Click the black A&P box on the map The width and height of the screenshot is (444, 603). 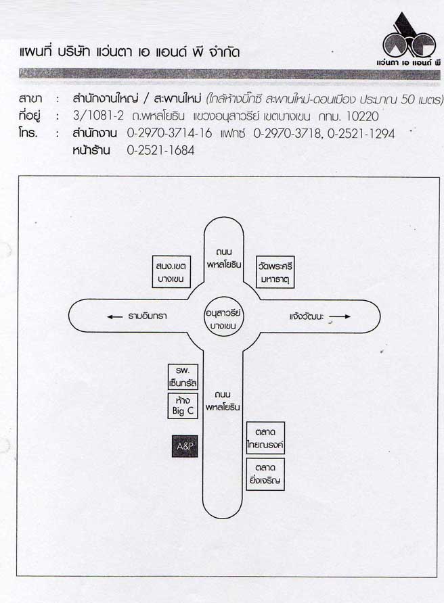(x=185, y=446)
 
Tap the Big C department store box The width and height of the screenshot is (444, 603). (x=183, y=406)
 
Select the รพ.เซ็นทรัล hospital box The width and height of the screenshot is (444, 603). (x=183, y=377)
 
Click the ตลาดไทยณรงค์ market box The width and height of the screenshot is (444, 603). (x=265, y=438)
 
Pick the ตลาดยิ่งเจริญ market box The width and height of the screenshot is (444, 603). (x=265, y=474)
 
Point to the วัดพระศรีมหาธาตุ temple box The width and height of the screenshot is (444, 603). (x=275, y=272)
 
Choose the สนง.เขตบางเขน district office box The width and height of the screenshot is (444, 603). (x=171, y=272)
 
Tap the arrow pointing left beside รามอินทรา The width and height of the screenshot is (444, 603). (x=115, y=317)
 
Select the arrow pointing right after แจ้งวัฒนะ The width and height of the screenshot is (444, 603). (x=340, y=316)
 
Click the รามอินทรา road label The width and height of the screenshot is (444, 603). (x=148, y=316)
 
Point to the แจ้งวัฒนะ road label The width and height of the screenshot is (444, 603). (x=307, y=316)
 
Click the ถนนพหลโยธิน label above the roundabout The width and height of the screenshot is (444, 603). (x=224, y=258)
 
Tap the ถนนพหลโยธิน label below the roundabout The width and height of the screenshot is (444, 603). (x=223, y=401)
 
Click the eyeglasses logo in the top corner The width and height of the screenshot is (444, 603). (x=409, y=39)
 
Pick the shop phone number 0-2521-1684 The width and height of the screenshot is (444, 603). (x=160, y=150)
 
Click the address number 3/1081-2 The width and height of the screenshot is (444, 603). (x=98, y=116)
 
